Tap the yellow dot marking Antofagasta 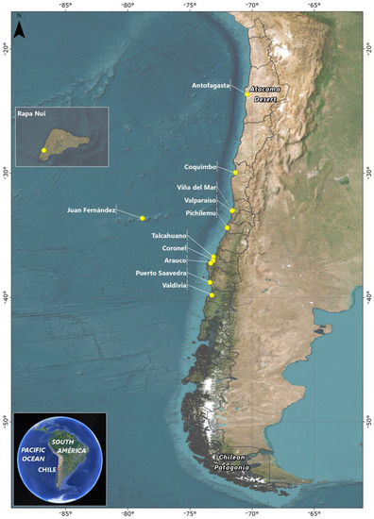click(x=247, y=93)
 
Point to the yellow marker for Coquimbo click(x=235, y=172)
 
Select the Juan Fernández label click(x=92, y=209)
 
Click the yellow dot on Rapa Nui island click(x=43, y=151)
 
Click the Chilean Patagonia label click(x=229, y=460)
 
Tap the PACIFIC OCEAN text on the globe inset click(x=34, y=454)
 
